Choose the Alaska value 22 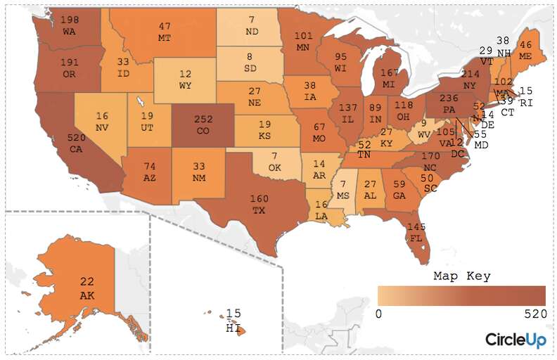87,281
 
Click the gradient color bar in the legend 461,295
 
